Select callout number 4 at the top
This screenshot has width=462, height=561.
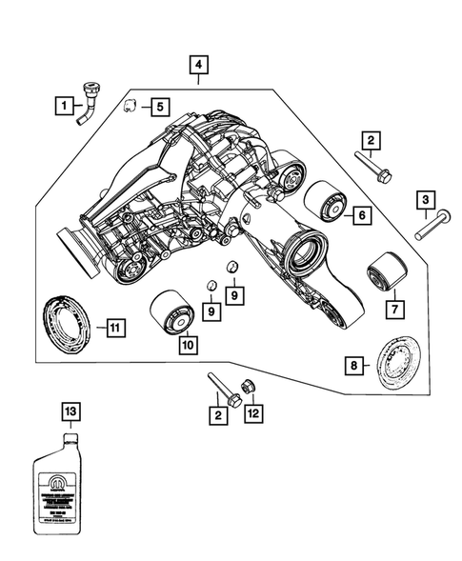(198, 66)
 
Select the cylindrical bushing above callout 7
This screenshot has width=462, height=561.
(387, 273)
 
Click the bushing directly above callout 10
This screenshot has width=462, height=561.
(172, 311)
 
